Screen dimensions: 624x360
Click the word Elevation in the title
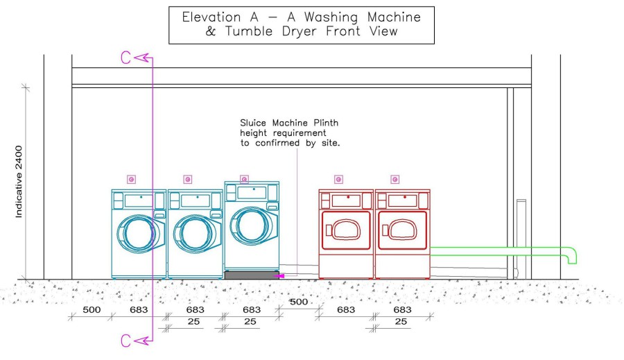[x=211, y=17]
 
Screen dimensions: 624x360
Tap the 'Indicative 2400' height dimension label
[x=19, y=182]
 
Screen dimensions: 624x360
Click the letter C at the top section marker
[x=125, y=58]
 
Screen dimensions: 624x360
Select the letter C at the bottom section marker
[x=125, y=341]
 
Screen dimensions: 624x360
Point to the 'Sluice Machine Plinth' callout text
[x=289, y=123]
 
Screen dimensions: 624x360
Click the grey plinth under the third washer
[x=252, y=275]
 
